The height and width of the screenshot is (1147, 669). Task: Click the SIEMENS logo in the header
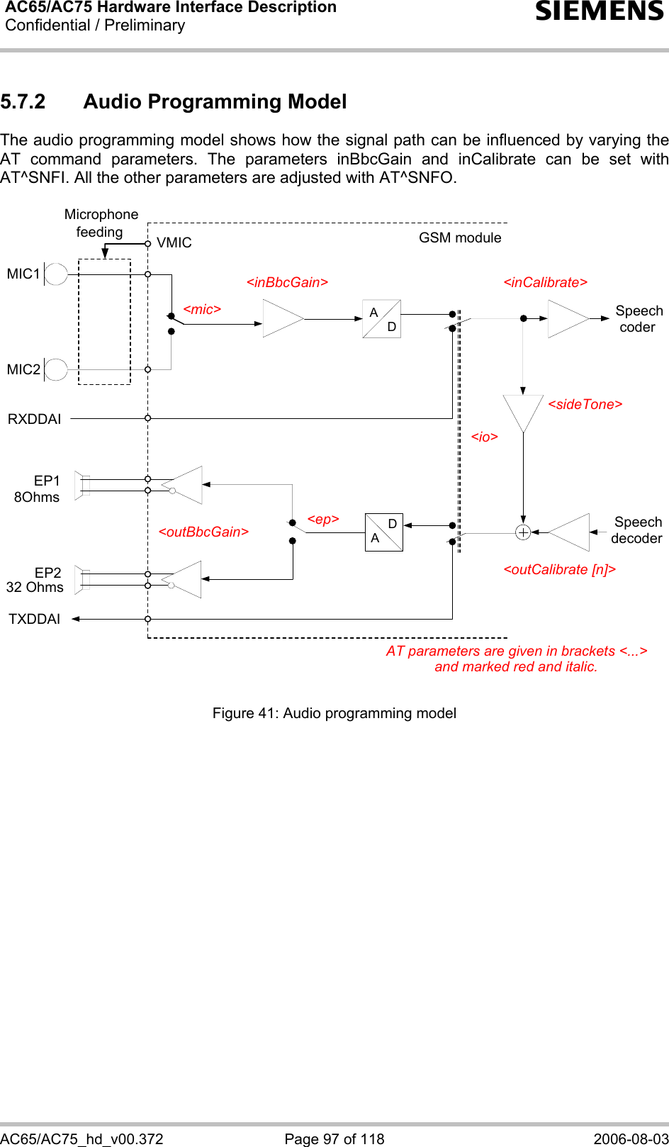[600, 11]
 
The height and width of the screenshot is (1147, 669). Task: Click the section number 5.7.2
[23, 102]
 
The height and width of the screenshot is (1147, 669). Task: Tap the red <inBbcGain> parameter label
[287, 282]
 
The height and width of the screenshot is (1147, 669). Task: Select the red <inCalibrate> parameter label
[545, 282]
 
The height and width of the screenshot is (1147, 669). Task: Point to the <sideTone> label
[585, 404]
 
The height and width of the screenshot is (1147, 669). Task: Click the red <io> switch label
[484, 437]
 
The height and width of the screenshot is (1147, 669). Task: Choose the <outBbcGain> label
[203, 532]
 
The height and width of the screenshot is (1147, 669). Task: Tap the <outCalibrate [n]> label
[559, 569]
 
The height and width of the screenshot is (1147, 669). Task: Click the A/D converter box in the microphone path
[382, 319]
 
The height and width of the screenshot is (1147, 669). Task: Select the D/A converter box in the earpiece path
[384, 532]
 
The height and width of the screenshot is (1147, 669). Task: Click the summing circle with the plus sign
[523, 532]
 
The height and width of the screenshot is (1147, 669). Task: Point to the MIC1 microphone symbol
[55, 274]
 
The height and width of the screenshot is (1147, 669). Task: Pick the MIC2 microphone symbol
[55, 369]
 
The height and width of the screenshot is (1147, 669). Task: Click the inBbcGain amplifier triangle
[281, 319]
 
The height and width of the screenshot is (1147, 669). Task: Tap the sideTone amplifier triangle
[523, 411]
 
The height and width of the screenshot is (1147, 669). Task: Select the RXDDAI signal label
[34, 419]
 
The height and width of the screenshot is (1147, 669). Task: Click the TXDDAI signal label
[34, 619]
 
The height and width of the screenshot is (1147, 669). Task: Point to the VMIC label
[174, 242]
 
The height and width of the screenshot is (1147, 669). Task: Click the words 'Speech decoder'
[637, 530]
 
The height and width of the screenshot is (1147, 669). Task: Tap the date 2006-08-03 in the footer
[631, 1138]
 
